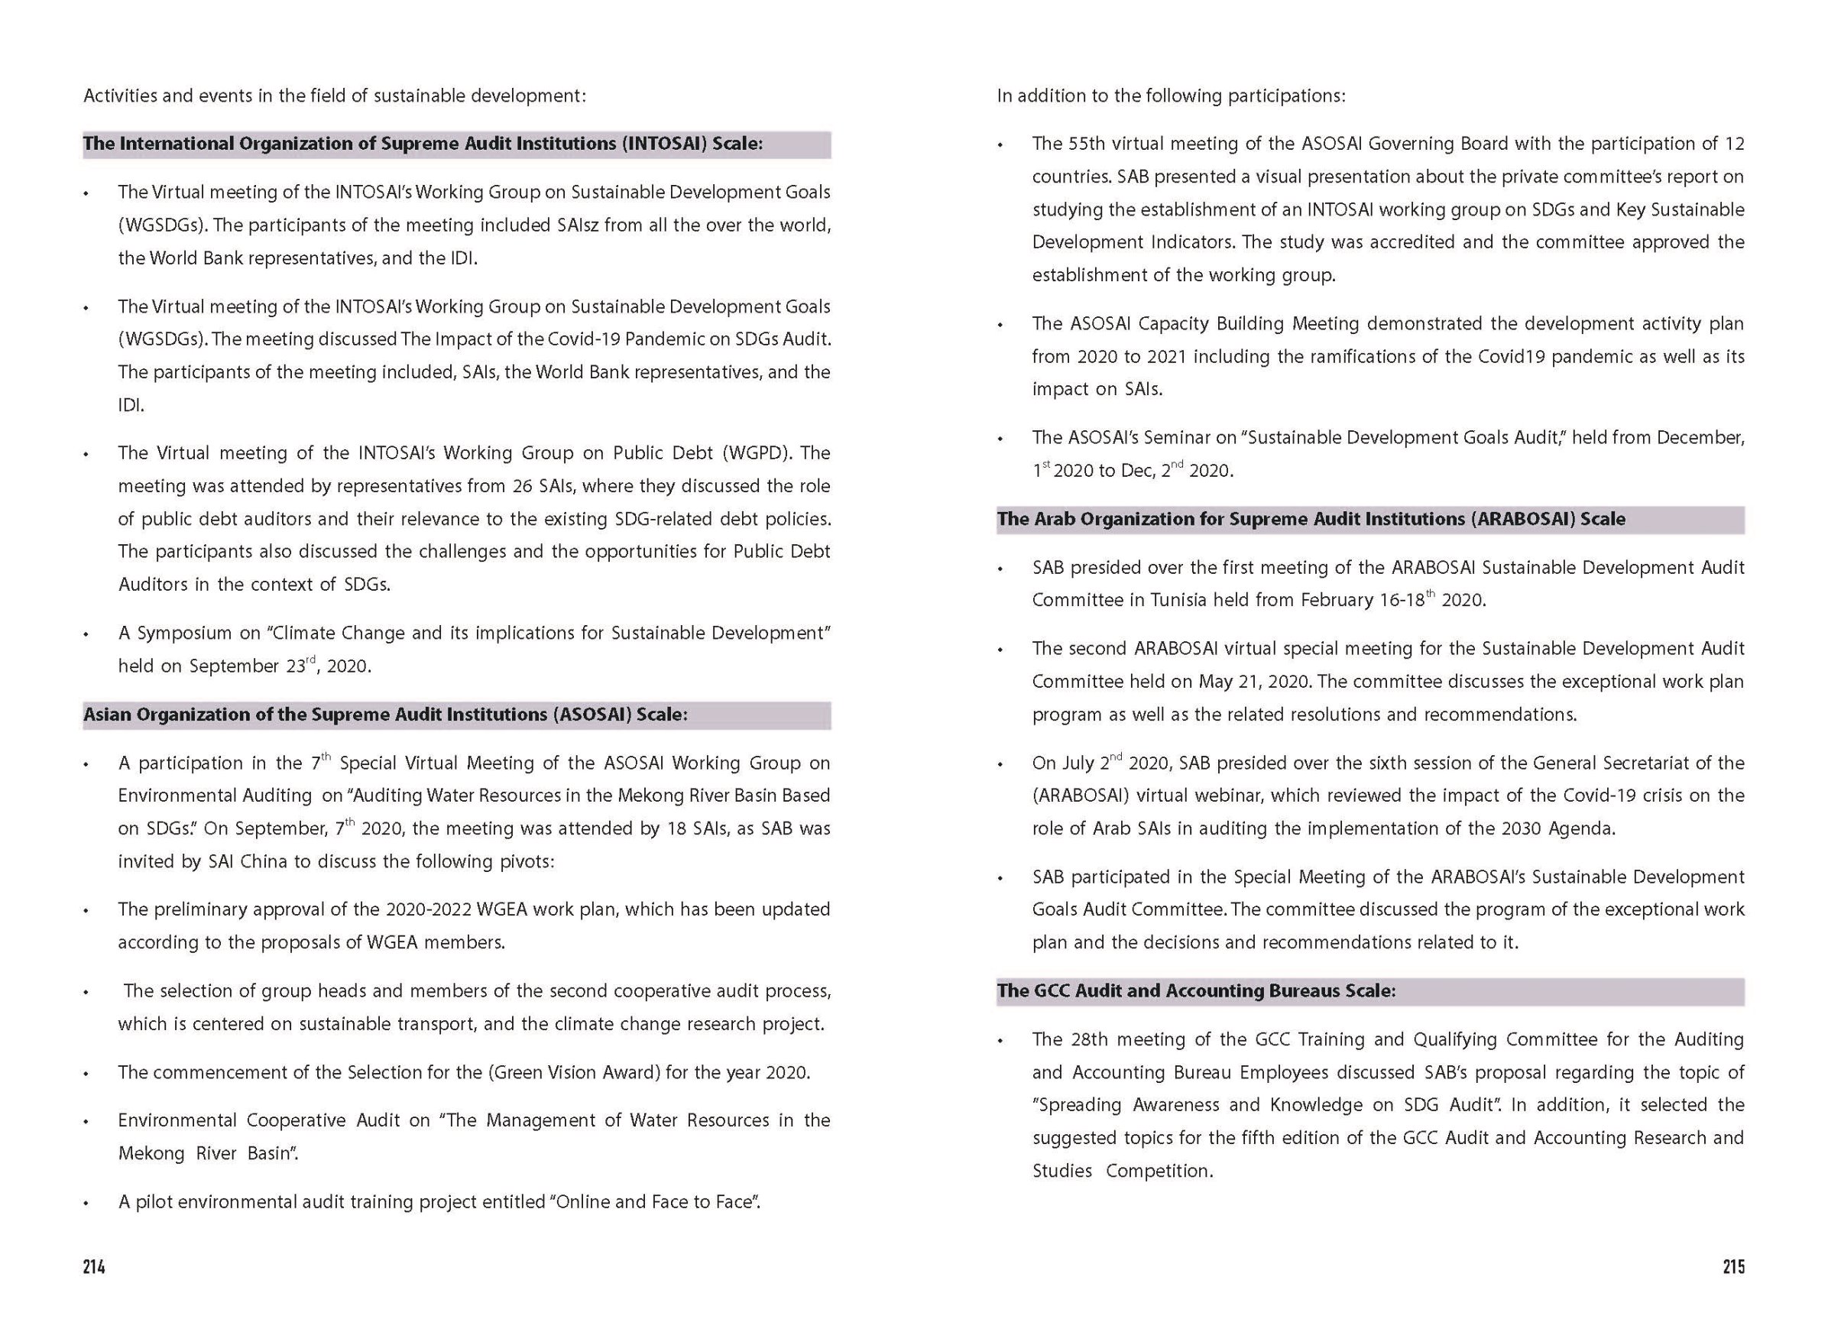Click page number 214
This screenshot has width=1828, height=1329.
[93, 1266]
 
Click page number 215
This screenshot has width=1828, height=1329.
[1734, 1266]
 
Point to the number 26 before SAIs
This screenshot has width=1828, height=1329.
[520, 486]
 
